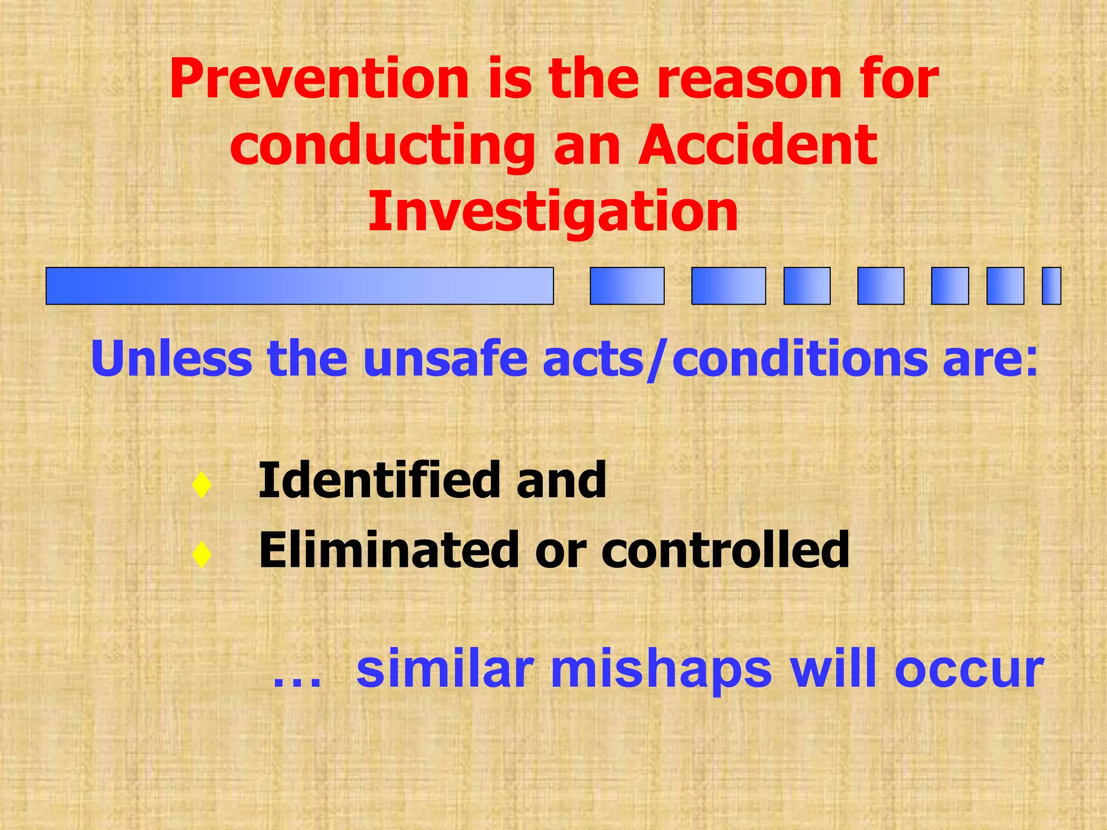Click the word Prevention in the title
coord(319,79)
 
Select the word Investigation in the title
coord(553,212)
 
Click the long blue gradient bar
coord(299,286)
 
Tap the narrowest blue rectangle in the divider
coord(1051,286)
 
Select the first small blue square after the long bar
coord(627,286)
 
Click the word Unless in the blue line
coord(172,358)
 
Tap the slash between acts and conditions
coord(655,360)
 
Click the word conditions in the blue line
coord(800,358)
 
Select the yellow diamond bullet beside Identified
coord(202,485)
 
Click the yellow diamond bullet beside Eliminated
coord(202,554)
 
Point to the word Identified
coord(378,480)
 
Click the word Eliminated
coord(388,550)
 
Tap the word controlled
coord(725,550)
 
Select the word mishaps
coord(661,671)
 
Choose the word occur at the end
coord(969,671)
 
